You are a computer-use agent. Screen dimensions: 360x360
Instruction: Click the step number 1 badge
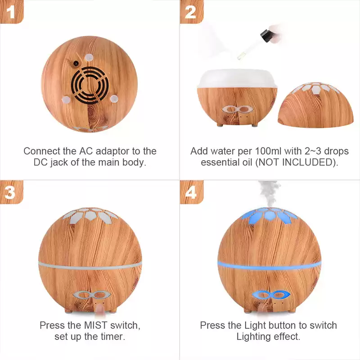[12, 12]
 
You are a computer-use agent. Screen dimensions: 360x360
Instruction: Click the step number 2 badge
[192, 12]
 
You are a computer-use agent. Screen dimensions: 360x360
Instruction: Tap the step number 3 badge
[12, 192]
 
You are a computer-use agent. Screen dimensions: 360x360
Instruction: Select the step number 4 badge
[192, 192]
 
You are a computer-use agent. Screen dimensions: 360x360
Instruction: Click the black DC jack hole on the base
[76, 63]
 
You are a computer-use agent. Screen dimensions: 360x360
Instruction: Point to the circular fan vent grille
[90, 85]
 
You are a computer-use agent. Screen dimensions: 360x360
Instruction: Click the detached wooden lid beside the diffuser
[316, 105]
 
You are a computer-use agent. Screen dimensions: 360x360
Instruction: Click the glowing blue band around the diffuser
[269, 265]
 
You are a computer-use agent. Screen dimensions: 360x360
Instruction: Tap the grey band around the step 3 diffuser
[90, 265]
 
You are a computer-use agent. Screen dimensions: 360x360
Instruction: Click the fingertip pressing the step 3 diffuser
[99, 308]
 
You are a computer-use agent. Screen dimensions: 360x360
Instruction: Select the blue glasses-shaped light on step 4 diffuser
[271, 295]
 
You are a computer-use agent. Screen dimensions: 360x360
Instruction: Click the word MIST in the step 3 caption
[96, 325]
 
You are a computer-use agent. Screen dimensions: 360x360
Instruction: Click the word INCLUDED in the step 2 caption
[307, 162]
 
